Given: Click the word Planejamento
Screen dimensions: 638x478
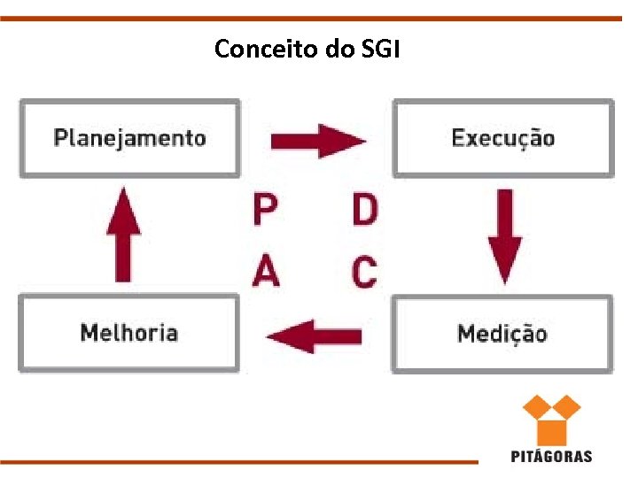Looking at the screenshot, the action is tap(129, 138).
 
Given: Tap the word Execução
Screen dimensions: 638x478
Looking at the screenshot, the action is tap(502, 138).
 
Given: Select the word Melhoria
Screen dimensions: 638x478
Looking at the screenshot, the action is tap(128, 333).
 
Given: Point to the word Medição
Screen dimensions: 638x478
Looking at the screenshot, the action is tap(502, 334).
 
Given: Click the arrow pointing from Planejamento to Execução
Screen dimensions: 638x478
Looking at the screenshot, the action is tap(317, 140).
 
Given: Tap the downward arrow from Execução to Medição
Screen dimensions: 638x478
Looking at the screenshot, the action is tap(505, 234).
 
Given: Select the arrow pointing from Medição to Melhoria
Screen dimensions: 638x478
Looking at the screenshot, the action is tap(314, 335).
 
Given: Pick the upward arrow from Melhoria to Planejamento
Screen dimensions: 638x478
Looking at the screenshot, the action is tap(123, 234).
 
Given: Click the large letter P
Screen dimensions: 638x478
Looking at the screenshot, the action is tap(265, 211).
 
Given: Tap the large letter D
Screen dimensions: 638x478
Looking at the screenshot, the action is tap(364, 211).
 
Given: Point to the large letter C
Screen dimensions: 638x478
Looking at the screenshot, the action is tap(364, 271).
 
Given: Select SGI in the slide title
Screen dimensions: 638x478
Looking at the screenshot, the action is tap(381, 49).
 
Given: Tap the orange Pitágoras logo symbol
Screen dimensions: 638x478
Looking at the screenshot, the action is tap(550, 420).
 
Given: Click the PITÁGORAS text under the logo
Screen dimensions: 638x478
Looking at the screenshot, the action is tap(551, 457).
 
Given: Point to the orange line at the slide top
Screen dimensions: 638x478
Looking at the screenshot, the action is tap(319, 18).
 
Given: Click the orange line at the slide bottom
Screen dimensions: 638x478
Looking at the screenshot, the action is tap(239, 461).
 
